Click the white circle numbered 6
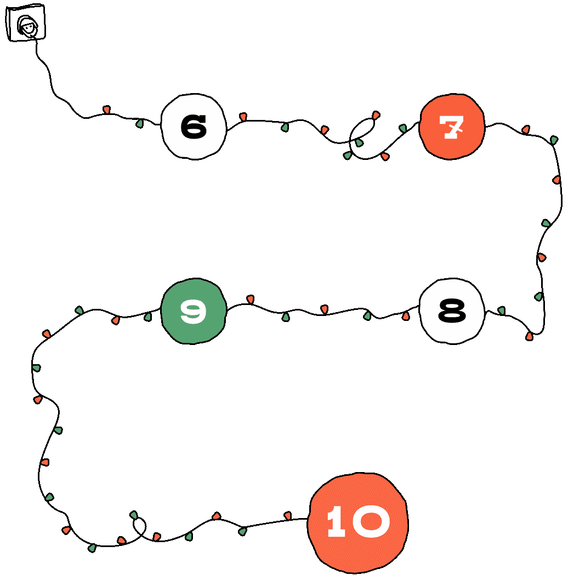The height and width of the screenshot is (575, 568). [x=194, y=127]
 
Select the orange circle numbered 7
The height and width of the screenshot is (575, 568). [x=451, y=127]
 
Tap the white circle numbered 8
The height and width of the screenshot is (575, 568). [x=452, y=311]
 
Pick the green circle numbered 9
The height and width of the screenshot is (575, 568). [x=194, y=311]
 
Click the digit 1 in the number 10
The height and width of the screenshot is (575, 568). [x=336, y=522]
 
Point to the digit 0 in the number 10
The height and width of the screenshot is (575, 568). [x=371, y=522]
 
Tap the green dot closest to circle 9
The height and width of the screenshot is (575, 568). [x=147, y=317]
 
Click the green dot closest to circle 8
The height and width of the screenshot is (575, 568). [x=501, y=311]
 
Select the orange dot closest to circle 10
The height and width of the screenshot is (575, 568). [x=287, y=515]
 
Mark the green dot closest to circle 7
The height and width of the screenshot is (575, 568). [x=403, y=128]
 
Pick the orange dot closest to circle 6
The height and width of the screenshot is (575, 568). [x=243, y=117]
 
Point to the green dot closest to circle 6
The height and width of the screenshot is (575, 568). [x=140, y=123]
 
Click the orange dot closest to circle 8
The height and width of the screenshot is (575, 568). [x=406, y=316]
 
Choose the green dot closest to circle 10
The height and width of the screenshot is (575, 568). [x=242, y=531]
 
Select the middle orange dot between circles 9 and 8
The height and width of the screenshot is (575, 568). [x=324, y=309]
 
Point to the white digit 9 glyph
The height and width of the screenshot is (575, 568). [x=194, y=311]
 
